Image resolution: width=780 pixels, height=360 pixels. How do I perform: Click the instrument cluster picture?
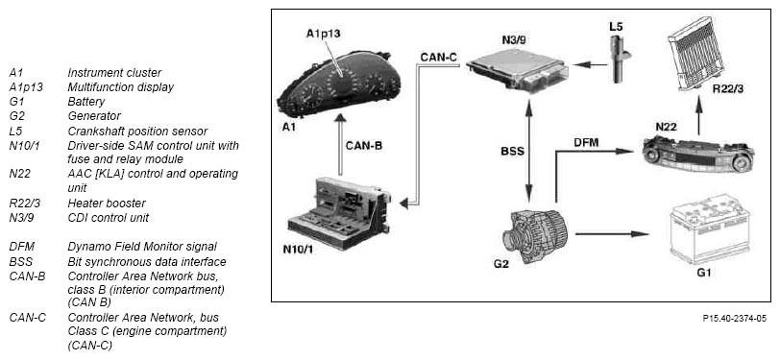(339, 83)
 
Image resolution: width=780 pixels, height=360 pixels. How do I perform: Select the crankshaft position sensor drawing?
(620, 60)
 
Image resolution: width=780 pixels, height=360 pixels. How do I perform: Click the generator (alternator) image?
(536, 237)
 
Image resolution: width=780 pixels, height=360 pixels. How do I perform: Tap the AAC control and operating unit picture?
(698, 155)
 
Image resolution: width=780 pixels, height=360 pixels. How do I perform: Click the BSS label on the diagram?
(512, 151)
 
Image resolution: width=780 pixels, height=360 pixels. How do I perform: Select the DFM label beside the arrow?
(586, 143)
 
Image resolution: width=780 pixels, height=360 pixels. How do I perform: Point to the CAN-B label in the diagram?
(364, 146)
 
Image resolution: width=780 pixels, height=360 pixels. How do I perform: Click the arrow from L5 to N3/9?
(590, 64)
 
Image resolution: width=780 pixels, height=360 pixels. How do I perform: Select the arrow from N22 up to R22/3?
(698, 116)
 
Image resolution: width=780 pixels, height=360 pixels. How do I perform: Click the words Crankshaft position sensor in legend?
(137, 132)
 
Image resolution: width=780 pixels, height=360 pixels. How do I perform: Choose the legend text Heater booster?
(107, 203)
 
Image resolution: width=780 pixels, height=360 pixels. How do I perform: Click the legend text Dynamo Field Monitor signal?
(142, 247)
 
